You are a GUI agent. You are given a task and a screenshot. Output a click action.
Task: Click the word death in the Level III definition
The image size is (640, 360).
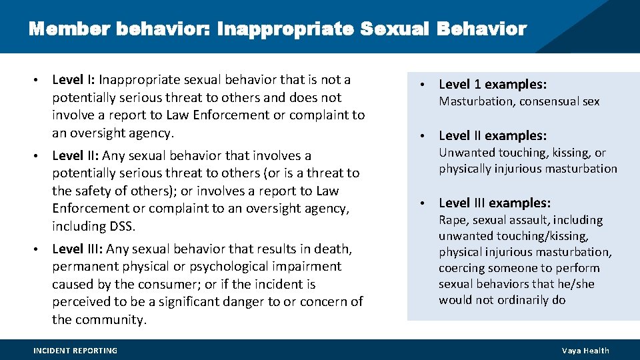pos(334,249)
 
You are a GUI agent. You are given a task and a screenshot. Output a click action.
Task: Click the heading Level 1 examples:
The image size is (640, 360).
pos(493,84)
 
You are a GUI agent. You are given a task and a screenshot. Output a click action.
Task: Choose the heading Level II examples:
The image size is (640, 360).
pos(493,135)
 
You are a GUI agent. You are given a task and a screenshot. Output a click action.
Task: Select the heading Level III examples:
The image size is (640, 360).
pos(495,203)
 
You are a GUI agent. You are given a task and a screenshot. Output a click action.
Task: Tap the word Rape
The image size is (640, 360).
pos(453,220)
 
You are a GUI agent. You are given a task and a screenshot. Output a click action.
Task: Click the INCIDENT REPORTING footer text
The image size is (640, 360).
pos(75,351)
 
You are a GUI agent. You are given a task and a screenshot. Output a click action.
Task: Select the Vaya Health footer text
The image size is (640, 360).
pos(585,351)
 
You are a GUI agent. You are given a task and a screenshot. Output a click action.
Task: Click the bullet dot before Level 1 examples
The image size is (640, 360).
pos(422,85)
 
